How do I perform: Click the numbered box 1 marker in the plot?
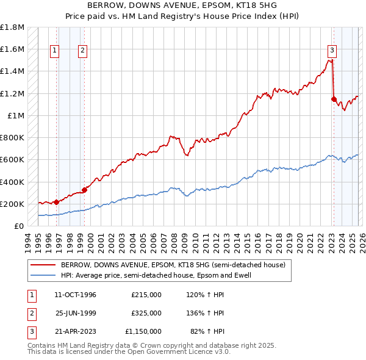(x=55, y=51)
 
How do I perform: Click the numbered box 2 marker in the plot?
(x=82, y=51)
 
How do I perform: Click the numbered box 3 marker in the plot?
(x=332, y=51)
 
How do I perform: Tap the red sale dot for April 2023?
(x=334, y=99)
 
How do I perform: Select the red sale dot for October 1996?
(x=56, y=202)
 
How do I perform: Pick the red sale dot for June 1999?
(x=84, y=190)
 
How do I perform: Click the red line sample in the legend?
(x=43, y=265)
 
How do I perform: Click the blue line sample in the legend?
(x=43, y=276)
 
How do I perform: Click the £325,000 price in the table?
(x=146, y=313)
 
